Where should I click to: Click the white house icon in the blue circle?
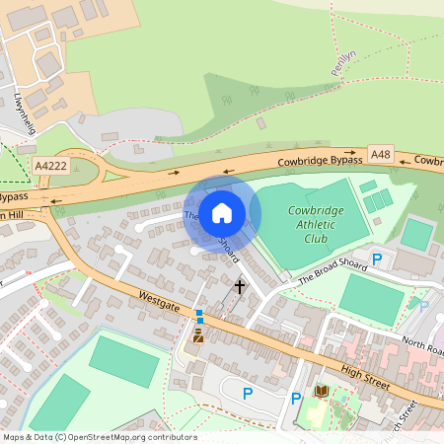[x=222, y=212]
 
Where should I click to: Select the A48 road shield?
[x=381, y=154]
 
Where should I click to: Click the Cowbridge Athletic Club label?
[x=318, y=222]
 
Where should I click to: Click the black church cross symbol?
[x=239, y=286]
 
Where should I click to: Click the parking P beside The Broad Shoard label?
[x=376, y=260]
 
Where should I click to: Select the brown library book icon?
[x=321, y=392]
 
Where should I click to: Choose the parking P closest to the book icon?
[x=296, y=400]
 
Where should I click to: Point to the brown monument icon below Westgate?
[x=197, y=335]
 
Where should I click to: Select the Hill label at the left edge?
[x=14, y=216]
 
